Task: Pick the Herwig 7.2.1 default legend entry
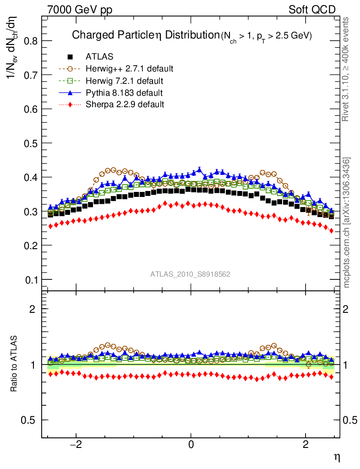coord(124,81)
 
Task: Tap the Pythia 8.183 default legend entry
coord(124,93)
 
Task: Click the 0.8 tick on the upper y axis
coord(30,41)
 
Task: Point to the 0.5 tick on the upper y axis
coord(30,143)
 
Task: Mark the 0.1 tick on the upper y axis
coord(30,279)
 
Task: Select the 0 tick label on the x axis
coord(191,445)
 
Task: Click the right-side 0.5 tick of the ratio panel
coord(350,420)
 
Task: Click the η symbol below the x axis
coord(337,457)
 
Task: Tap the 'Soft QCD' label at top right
coord(312,10)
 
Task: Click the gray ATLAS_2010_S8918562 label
coord(190,274)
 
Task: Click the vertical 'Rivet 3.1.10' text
coord(346,69)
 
